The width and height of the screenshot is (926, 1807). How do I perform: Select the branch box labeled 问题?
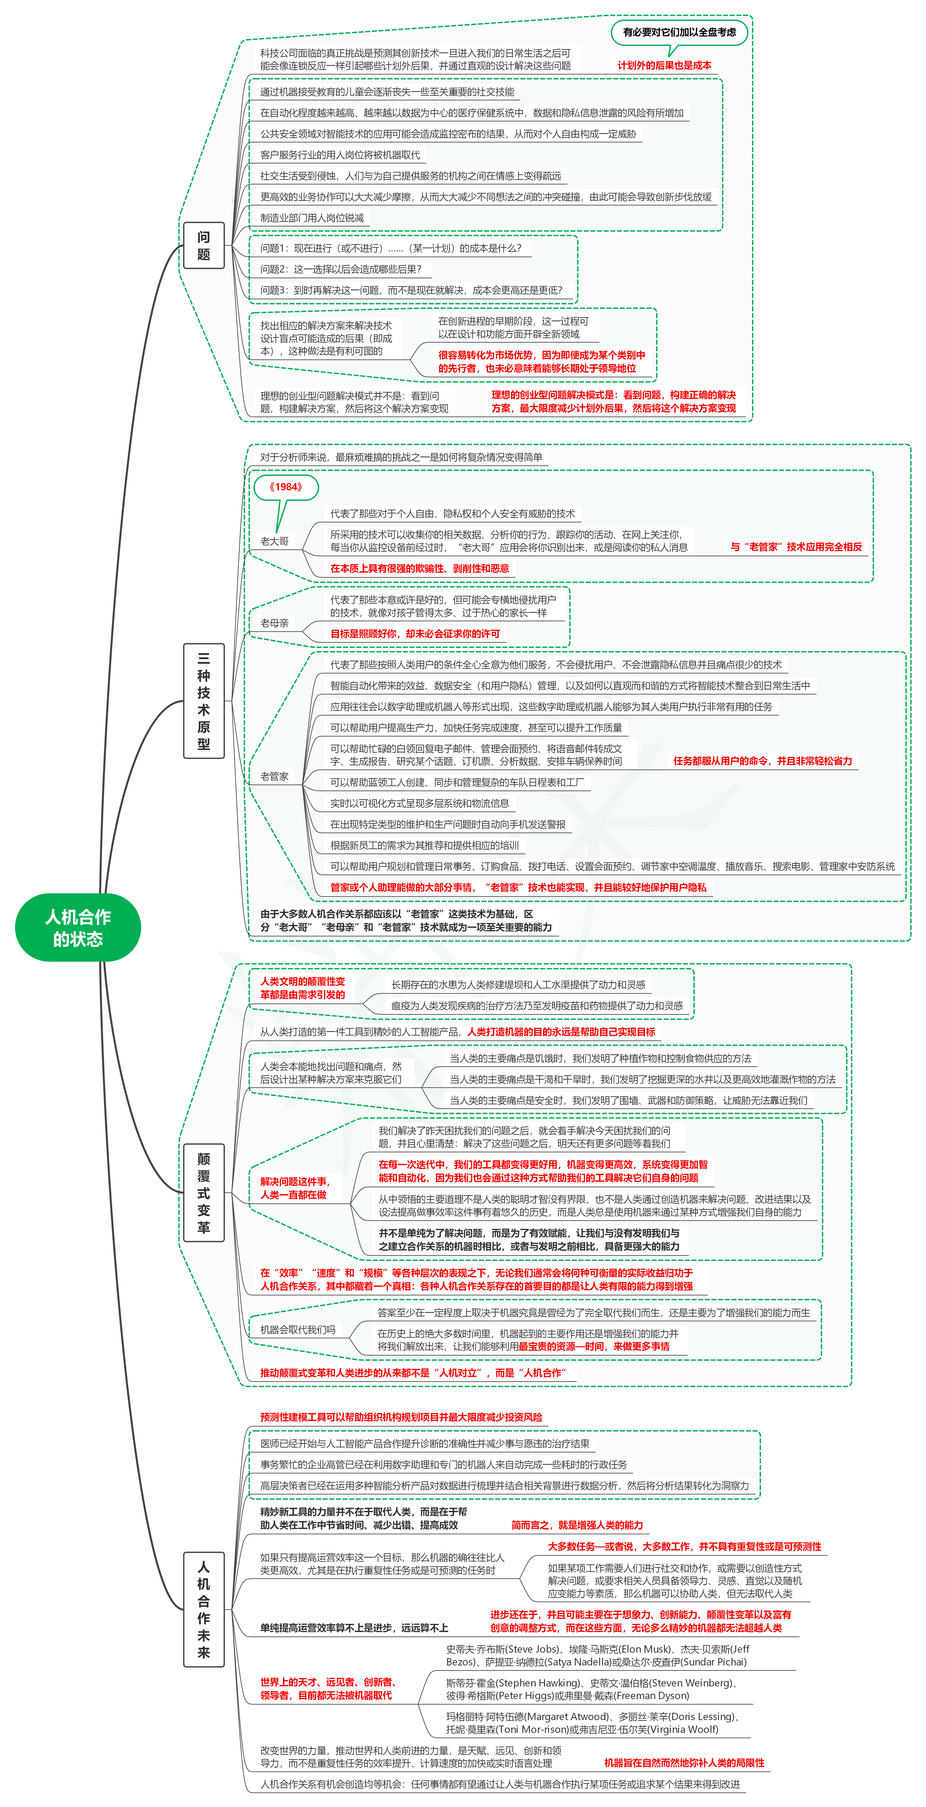[203, 246]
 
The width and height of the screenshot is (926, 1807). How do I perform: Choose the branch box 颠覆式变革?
[203, 1193]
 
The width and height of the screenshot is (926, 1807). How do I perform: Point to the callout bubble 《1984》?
[285, 487]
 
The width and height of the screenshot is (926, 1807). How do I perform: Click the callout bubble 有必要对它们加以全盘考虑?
[679, 32]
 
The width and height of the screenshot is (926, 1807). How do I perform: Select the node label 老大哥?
[274, 541]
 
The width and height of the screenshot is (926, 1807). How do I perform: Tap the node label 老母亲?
[274, 623]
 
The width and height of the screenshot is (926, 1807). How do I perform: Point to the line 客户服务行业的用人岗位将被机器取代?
[340, 155]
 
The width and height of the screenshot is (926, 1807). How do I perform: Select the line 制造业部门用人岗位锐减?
[312, 218]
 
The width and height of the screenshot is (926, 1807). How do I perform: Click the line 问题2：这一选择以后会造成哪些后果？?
[341, 269]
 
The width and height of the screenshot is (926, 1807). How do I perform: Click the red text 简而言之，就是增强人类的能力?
[577, 1525]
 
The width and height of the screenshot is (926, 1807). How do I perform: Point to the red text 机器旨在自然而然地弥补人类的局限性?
[684, 1763]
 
